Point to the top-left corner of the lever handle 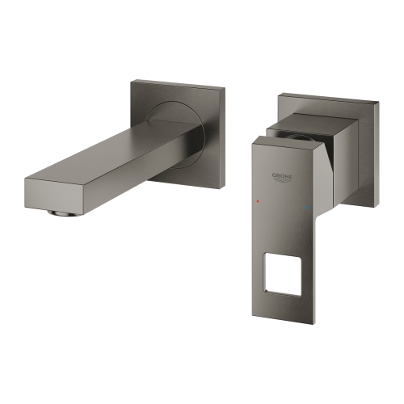pyautogui.click(x=252, y=144)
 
